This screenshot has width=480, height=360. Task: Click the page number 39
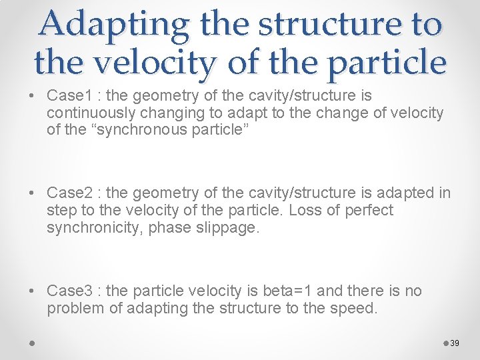pyautogui.click(x=455, y=343)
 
